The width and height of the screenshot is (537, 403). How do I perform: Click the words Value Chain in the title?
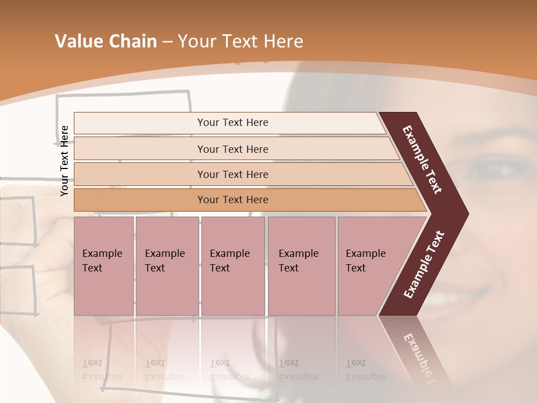[106, 41]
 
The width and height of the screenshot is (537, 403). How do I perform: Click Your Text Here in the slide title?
[241, 41]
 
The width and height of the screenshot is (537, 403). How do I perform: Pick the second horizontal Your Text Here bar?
[233, 149]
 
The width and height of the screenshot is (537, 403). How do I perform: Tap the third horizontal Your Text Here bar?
[233, 174]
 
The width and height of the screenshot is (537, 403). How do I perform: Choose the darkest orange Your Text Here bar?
[233, 200]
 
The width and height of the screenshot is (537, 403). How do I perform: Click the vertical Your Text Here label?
[64, 161]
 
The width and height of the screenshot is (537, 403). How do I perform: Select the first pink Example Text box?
[103, 265]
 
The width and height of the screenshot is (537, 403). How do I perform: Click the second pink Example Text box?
[167, 265]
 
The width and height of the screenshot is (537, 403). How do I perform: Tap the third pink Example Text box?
[233, 265]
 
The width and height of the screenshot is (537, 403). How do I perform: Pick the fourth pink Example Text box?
[301, 265]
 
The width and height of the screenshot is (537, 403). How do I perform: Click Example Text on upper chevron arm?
[422, 160]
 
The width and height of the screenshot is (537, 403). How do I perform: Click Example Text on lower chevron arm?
[423, 265]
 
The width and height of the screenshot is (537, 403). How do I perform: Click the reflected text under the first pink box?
[102, 370]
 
